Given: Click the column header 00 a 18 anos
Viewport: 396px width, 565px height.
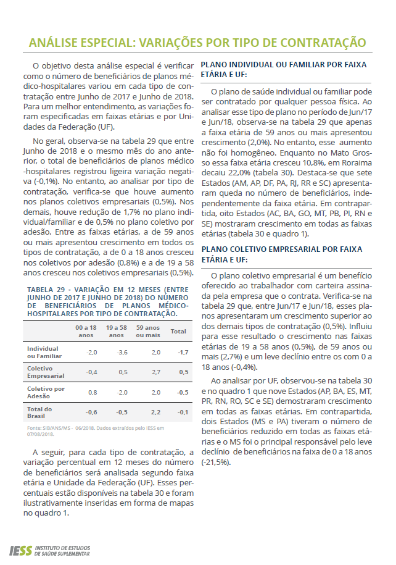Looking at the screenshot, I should point(86,330).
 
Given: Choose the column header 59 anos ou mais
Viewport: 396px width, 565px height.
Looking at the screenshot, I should point(148,330).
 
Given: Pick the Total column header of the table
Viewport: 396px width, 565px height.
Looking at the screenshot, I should point(178,331).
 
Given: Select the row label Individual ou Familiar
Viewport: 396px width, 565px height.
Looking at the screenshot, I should point(43,352).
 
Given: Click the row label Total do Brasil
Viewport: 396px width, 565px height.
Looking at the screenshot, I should point(39,412).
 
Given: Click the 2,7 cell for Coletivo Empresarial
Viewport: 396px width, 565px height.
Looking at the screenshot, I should point(155,372).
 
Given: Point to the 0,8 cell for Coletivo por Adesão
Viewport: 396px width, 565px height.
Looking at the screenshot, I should point(93,392).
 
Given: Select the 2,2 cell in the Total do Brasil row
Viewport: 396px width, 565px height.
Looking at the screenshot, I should point(155,412).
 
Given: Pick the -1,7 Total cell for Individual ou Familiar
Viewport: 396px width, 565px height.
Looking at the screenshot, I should point(183,352).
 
